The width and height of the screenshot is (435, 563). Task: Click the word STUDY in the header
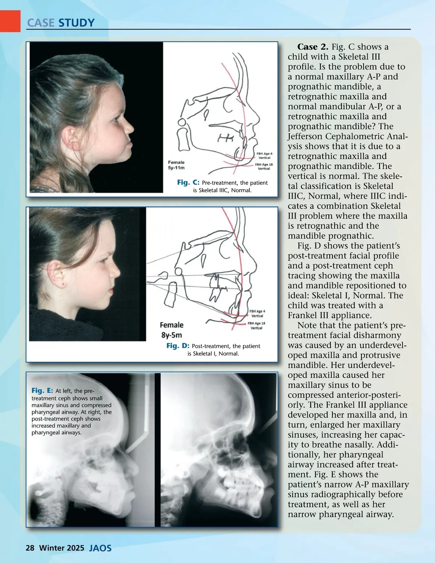[x=76, y=23]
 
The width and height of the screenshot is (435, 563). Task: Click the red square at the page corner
[x=10, y=21]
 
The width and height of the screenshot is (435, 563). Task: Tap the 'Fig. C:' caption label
[x=188, y=182]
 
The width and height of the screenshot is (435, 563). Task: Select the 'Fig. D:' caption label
[x=178, y=345]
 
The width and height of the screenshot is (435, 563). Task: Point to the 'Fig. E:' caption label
[x=42, y=390]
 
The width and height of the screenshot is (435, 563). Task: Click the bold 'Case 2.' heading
[x=313, y=47]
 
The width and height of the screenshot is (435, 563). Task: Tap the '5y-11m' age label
[x=176, y=167]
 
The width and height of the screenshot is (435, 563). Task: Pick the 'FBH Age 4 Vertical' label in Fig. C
[x=264, y=156]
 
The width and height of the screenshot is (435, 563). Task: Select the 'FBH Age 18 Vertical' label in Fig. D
[x=256, y=325]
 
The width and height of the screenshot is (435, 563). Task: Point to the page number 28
[x=30, y=548]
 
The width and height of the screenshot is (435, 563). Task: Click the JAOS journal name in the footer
[x=100, y=548]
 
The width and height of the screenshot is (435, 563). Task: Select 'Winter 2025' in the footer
[x=62, y=548]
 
